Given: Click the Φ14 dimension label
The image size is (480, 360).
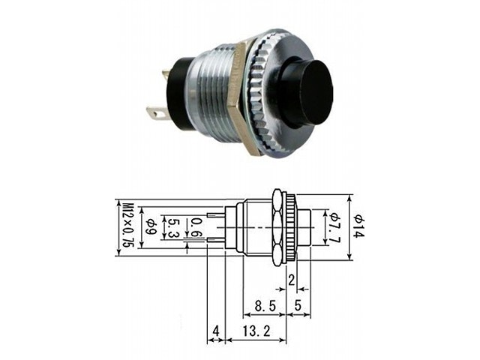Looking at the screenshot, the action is coord(359,226).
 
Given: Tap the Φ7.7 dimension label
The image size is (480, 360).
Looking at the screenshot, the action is coord(335,226).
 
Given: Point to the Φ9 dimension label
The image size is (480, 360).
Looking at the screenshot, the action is coord(151,227).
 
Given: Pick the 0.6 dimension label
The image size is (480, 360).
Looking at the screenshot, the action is coord(196,228).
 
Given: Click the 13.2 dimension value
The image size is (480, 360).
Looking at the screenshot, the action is coord(256,331).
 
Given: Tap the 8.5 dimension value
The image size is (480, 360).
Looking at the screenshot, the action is coord(265,305).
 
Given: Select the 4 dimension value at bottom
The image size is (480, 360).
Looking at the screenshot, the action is coord(216,331).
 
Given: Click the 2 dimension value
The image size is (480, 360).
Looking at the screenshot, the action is coord(292,280).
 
